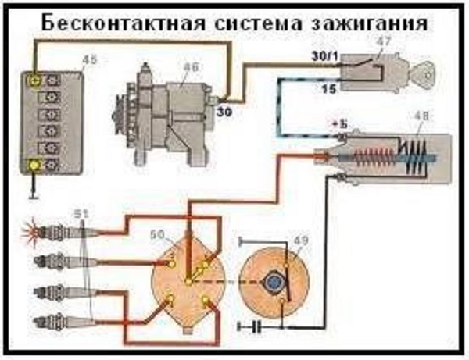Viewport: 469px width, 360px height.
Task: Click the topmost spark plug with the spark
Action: pyautogui.click(x=55, y=232)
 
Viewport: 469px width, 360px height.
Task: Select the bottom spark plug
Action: pyautogui.click(x=51, y=320)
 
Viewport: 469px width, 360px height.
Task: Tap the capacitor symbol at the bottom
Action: pyautogui.click(x=254, y=323)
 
